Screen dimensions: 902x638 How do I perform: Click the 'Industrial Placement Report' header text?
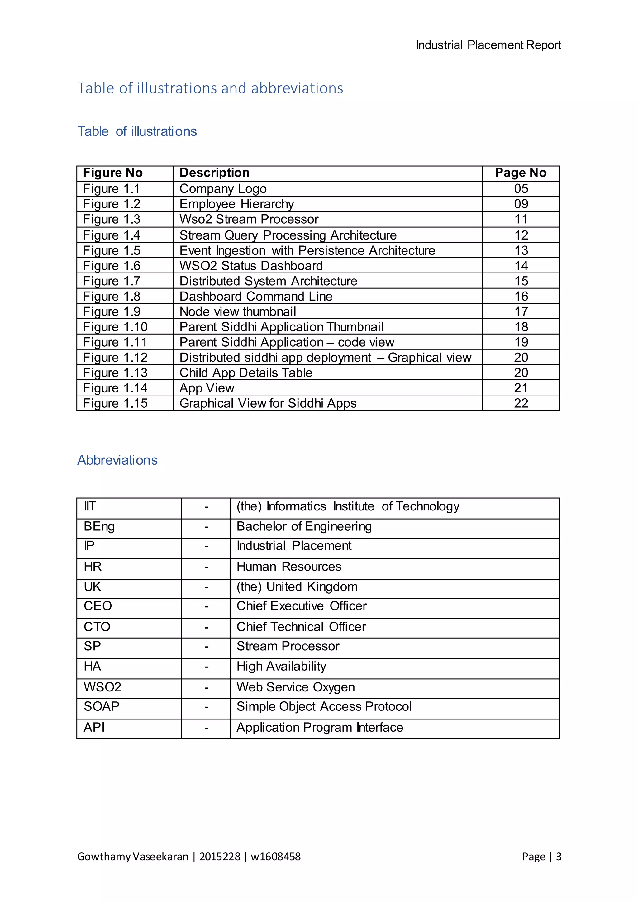coord(488,45)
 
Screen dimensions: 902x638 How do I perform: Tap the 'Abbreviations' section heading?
coord(117,460)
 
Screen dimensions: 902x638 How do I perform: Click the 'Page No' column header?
coord(521,173)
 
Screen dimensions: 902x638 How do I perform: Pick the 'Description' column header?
coord(215,173)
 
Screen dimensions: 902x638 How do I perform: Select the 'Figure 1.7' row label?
coord(112,281)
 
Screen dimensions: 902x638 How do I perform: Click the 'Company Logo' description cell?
coord(223,189)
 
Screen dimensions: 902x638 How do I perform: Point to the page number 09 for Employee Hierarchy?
coord(521,204)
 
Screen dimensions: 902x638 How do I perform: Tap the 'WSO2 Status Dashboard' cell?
coord(251,266)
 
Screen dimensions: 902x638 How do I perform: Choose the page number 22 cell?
coord(521,403)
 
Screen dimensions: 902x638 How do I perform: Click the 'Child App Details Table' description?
coord(246,373)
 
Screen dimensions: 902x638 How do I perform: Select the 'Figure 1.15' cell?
coord(115,403)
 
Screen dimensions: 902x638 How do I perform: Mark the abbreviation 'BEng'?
coord(99,527)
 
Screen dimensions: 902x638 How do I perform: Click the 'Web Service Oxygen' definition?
coord(295,687)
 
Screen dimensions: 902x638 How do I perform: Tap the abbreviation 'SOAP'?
coord(101,706)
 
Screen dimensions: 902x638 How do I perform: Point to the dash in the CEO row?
coord(206,606)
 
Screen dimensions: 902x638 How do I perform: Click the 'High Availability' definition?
coord(281,666)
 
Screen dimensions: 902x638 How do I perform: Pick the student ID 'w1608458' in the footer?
coord(275,857)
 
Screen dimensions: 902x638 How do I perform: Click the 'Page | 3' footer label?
coord(541,857)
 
